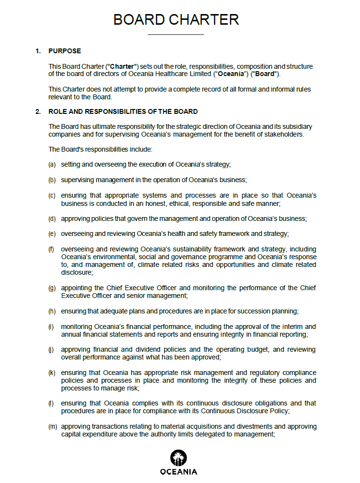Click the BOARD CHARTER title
click(176, 19)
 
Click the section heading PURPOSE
click(64, 51)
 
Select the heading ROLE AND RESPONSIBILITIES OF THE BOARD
click(123, 112)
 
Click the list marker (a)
click(52, 165)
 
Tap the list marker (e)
click(52, 234)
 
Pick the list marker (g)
click(52, 288)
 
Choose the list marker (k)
click(52, 373)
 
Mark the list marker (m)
click(52, 426)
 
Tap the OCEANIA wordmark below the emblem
click(178, 472)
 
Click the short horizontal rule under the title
click(175, 34)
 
